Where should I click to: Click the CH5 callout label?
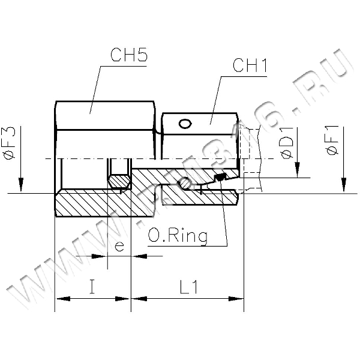coord(128,55)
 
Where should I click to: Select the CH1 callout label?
coord(250,65)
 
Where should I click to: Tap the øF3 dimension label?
coord(10,143)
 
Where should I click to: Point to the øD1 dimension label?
coord(287,143)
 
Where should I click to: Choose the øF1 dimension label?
coord(332,140)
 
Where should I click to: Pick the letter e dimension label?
coord(119,247)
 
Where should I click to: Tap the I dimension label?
coord(92,286)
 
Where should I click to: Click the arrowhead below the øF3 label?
coord(21,184)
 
